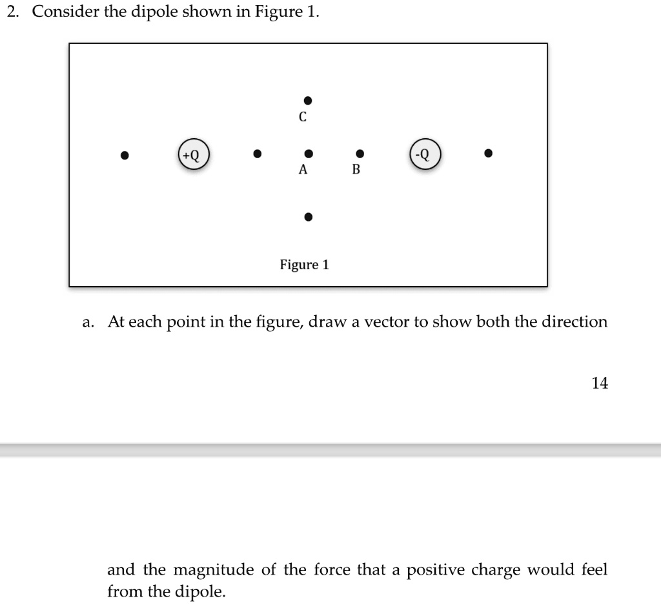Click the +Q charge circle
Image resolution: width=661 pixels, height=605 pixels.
pos(194,155)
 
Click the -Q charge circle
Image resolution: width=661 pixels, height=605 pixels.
pos(425,155)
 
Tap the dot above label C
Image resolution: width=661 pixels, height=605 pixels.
pos(309,100)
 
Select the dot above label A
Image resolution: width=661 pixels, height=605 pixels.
pos(309,154)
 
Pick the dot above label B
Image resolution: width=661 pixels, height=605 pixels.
pos(360,154)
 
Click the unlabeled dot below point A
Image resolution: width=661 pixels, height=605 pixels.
pos(309,216)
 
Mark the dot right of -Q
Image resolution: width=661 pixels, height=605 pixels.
pos(489,154)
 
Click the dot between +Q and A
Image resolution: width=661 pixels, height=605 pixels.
pos(257,154)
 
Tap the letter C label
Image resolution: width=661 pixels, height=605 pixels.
pos(302,118)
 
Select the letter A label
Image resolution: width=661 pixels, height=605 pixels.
pos(303,170)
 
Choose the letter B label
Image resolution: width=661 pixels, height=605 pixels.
pos(355,170)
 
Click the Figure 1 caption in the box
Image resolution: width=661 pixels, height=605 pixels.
pos(304,265)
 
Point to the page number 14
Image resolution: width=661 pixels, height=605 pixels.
pos(600,383)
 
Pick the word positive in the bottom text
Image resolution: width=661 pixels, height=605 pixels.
pos(436,569)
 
